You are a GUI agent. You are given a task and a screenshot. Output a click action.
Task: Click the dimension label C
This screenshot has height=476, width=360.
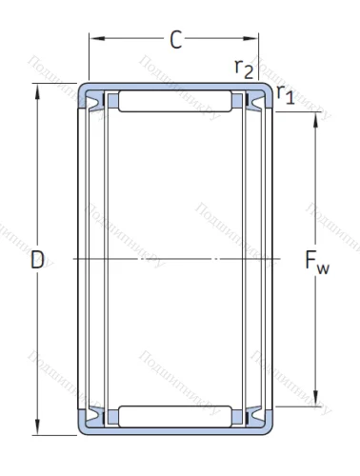click(x=175, y=40)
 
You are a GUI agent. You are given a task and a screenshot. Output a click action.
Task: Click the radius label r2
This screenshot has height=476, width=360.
click(x=244, y=67)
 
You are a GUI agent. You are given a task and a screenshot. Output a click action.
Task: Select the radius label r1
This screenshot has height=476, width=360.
click(x=285, y=93)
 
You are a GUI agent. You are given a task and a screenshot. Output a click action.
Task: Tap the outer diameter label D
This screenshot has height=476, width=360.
click(x=37, y=259)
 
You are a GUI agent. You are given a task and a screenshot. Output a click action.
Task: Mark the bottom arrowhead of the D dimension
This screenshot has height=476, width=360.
click(x=38, y=427)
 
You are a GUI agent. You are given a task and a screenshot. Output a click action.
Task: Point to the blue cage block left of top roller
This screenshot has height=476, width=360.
click(x=113, y=100)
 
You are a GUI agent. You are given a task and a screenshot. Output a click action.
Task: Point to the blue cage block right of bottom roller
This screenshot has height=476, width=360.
click(x=237, y=417)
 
